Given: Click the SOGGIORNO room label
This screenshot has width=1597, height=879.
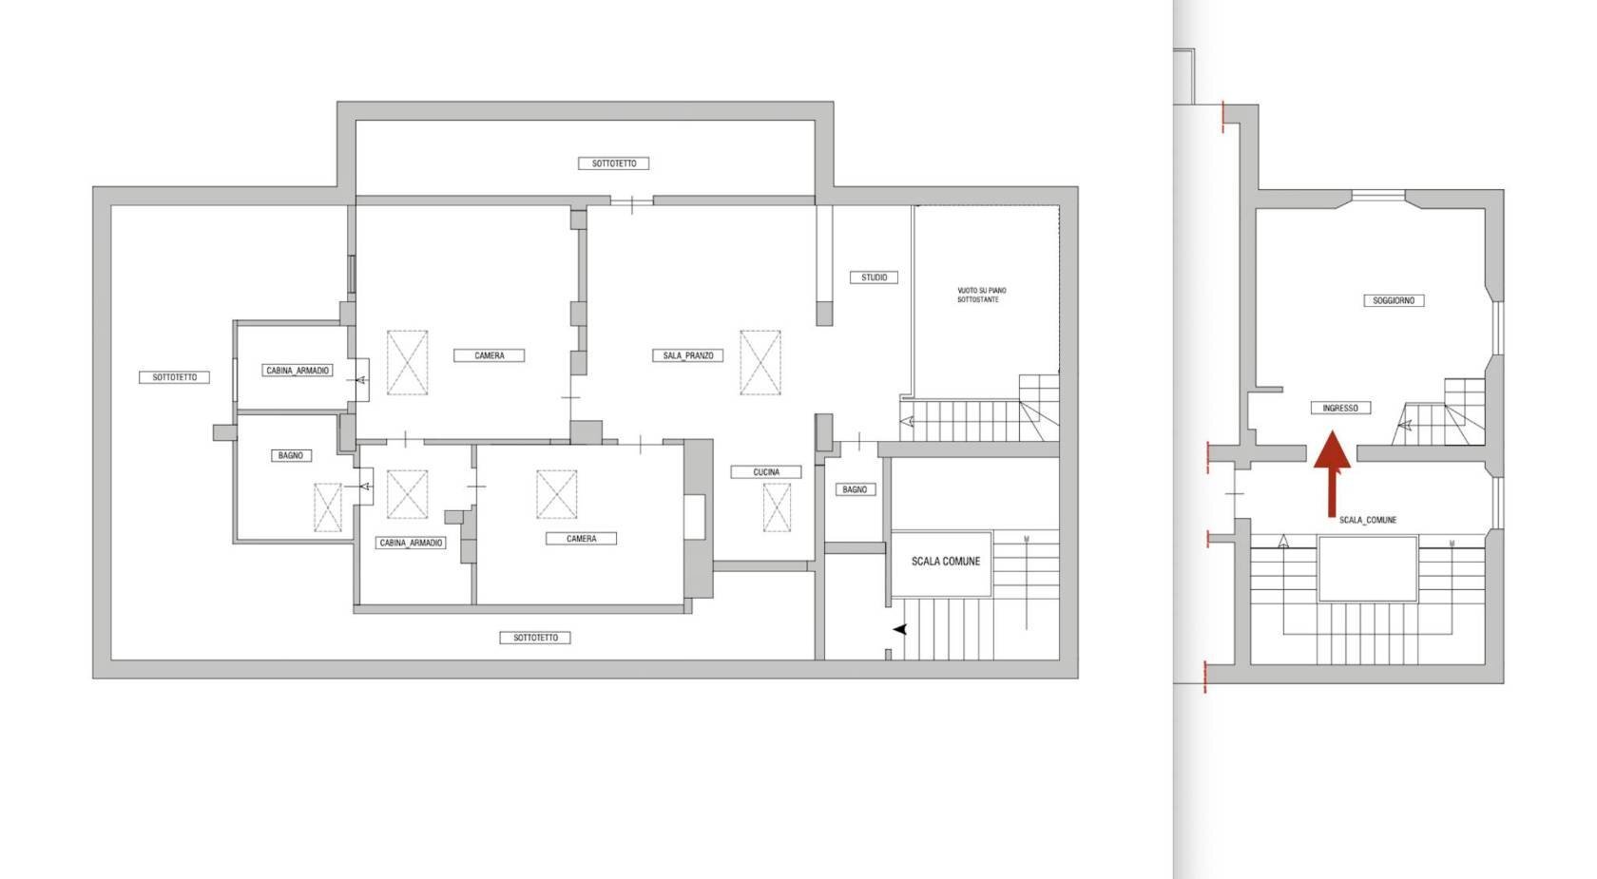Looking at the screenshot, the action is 1394,301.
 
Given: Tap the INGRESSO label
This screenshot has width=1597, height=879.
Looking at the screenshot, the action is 1340,409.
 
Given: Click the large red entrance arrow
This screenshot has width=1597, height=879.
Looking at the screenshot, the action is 1332,473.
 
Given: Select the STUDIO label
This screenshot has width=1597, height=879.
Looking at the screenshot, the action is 874,277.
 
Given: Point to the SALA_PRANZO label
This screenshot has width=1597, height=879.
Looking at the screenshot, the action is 688,355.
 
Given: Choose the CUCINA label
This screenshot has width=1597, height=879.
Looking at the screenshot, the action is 766,472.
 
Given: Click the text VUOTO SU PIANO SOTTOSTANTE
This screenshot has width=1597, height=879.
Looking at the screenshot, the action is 981,296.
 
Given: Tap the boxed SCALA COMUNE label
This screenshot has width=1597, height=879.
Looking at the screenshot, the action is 945,562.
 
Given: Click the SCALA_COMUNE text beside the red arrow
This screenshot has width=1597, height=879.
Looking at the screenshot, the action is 1367,521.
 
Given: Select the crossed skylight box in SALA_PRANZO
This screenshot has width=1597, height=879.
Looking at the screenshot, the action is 760,362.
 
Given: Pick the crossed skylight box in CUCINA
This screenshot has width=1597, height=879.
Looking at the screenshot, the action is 777,507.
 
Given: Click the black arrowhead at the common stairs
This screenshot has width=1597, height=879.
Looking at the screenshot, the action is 899,629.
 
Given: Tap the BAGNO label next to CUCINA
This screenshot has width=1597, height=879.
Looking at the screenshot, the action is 854,489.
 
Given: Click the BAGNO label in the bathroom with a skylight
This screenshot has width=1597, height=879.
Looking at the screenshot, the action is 291,455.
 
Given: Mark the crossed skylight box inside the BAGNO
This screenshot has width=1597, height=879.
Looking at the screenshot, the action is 327,507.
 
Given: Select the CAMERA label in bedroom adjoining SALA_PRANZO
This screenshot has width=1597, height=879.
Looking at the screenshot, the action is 489,355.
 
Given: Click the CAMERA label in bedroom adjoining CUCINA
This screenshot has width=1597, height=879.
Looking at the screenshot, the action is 581,539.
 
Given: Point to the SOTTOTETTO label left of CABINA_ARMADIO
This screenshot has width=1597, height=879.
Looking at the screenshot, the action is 174,377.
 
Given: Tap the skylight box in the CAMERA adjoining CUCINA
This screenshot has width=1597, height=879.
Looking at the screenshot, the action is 556,494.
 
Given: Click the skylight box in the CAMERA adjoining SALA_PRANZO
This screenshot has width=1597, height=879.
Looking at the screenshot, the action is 407,362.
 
